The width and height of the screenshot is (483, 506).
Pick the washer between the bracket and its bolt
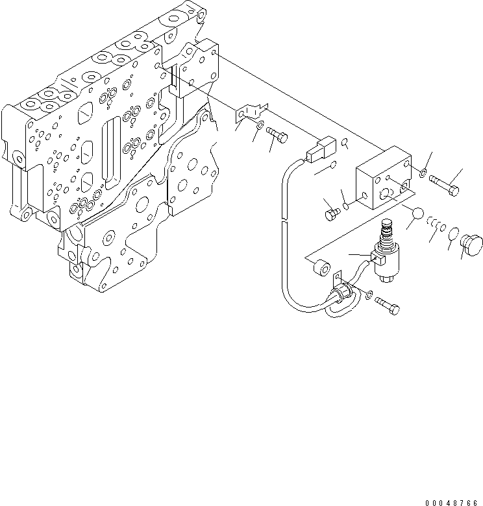[x=260, y=126]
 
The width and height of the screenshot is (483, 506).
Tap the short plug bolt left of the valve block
[x=330, y=210]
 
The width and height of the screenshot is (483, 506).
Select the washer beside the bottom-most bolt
[x=369, y=296]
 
